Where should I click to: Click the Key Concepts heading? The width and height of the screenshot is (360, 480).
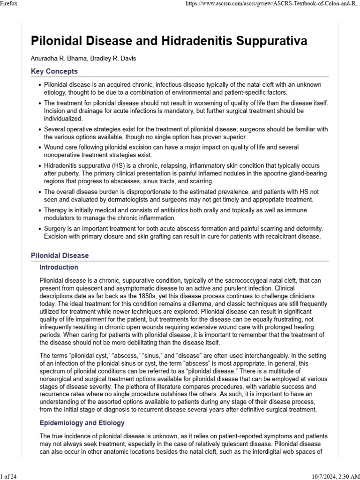pos(54,72)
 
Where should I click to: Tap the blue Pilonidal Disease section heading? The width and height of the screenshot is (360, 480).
pos(60,255)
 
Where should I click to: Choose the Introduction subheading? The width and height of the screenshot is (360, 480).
pos(59,267)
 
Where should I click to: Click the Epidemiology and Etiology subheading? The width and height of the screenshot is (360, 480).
pos(82,423)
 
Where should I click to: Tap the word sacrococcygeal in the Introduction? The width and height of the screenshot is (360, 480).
pos(220,280)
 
